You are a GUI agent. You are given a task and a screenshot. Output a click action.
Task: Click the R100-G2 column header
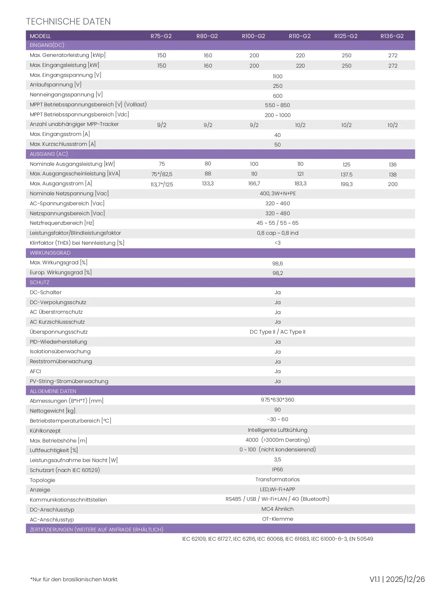(253, 36)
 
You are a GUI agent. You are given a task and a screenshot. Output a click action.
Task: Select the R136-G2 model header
(392, 36)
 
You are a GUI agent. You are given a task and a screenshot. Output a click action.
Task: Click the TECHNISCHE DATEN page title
(68, 21)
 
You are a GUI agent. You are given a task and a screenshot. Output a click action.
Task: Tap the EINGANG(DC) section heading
(47, 45)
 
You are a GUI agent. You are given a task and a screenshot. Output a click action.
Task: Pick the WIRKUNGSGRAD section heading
(50, 253)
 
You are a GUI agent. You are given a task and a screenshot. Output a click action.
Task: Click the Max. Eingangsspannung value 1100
(278, 76)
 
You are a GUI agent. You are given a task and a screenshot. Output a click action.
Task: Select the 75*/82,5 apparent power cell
(162, 174)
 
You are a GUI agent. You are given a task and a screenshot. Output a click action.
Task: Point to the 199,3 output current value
(346, 184)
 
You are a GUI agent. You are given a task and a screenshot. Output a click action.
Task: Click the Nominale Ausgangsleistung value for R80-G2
(208, 164)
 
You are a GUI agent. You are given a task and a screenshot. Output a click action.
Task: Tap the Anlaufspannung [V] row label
(55, 85)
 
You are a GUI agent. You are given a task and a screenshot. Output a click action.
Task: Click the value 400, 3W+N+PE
(278, 194)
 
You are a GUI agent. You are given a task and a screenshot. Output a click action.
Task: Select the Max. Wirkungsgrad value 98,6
(278, 264)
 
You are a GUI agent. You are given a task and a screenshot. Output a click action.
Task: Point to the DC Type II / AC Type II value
(278, 332)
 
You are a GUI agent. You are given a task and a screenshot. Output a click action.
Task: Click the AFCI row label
(36, 371)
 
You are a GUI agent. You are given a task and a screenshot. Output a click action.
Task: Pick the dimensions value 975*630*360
(278, 400)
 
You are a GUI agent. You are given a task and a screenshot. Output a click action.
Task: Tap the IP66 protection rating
(278, 470)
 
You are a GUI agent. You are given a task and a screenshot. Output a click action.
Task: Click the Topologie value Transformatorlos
(278, 479)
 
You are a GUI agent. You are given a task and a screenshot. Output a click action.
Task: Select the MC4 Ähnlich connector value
(278, 509)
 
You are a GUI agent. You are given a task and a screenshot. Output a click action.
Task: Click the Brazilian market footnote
(74, 579)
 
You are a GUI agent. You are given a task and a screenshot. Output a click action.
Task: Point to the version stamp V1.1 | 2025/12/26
(397, 579)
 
